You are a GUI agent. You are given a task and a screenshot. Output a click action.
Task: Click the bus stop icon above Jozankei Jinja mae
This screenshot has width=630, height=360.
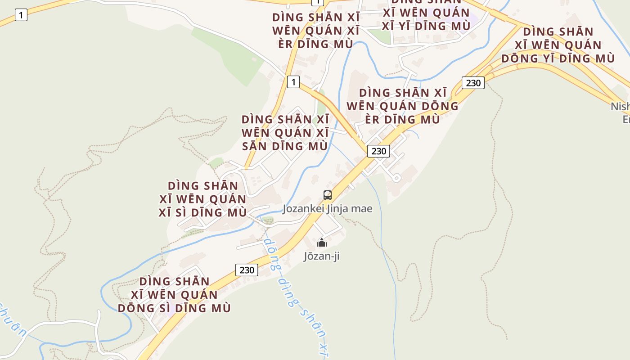click(x=328, y=195)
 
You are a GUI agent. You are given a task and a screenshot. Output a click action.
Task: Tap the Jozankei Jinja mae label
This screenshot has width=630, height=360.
click(x=328, y=209)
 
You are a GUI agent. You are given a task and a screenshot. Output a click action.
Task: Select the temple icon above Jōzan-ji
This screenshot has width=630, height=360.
click(x=322, y=243)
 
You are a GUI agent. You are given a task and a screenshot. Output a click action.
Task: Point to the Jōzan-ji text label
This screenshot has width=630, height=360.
click(x=321, y=256)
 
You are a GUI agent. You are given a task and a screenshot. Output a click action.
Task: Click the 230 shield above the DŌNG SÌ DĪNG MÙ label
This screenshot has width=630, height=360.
click(x=247, y=270)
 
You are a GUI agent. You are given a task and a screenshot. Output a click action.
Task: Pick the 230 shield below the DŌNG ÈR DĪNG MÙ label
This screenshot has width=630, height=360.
click(x=378, y=151)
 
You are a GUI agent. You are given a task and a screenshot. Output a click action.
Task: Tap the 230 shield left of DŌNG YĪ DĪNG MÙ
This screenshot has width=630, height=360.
click(x=473, y=83)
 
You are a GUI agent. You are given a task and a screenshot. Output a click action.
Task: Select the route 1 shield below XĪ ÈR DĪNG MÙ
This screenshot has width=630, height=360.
click(x=293, y=82)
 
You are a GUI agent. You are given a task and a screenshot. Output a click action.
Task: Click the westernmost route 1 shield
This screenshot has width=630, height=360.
click(x=21, y=15)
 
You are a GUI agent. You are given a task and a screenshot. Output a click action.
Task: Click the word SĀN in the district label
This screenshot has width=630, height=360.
click(x=253, y=146)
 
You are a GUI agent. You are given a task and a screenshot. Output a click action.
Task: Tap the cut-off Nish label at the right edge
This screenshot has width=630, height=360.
click(x=621, y=107)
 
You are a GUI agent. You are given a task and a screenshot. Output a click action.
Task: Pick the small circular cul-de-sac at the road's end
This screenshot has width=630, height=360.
click(x=396, y=178)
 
